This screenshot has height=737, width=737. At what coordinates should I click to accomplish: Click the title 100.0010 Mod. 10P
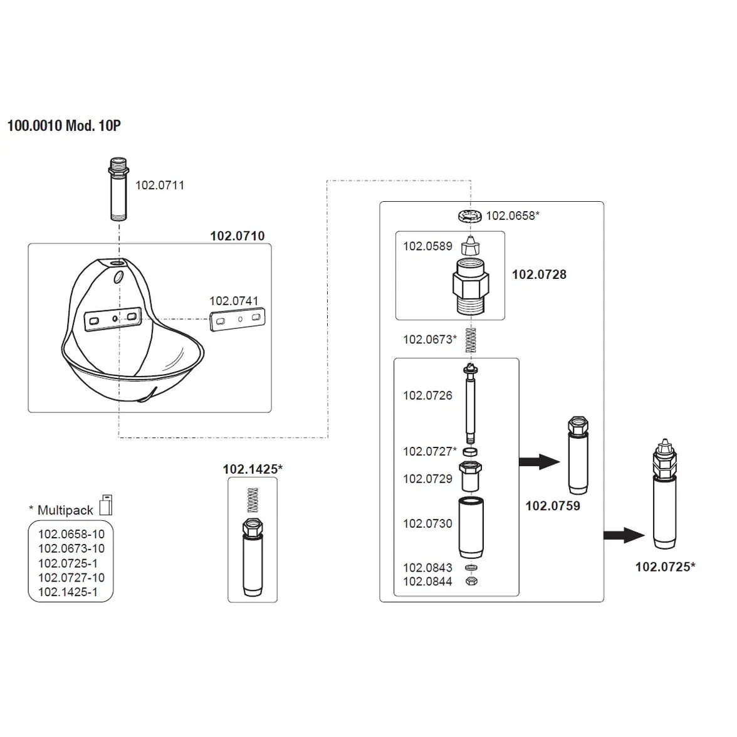coord(64,125)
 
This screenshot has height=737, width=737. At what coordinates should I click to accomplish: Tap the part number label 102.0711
coord(160,185)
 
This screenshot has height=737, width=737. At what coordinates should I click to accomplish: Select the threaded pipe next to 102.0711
coord(118,190)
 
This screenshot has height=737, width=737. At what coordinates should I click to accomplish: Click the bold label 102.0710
coord(237,236)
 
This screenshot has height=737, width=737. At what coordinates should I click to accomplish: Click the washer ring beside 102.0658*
coord(470,216)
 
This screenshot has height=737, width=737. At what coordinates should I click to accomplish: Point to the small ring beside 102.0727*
coord(470,451)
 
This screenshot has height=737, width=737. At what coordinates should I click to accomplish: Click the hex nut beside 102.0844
coord(470,582)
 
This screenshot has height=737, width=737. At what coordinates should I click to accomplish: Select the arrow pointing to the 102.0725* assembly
coord(624,535)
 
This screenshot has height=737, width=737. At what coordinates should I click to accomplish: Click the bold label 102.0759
coord(552,506)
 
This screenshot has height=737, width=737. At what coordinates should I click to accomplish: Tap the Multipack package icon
coord(106,504)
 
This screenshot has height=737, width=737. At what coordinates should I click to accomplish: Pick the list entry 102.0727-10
coord(71,577)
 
